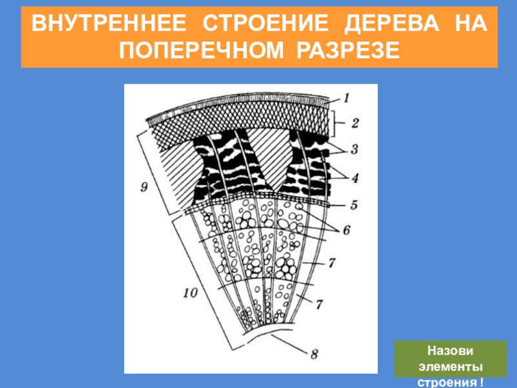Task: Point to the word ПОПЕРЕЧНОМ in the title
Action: point(202,50)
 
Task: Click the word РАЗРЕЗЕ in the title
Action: point(346,50)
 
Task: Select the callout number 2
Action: point(354,122)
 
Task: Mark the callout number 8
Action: point(314,354)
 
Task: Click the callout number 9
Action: point(145,187)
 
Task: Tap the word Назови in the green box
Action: point(451,352)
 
